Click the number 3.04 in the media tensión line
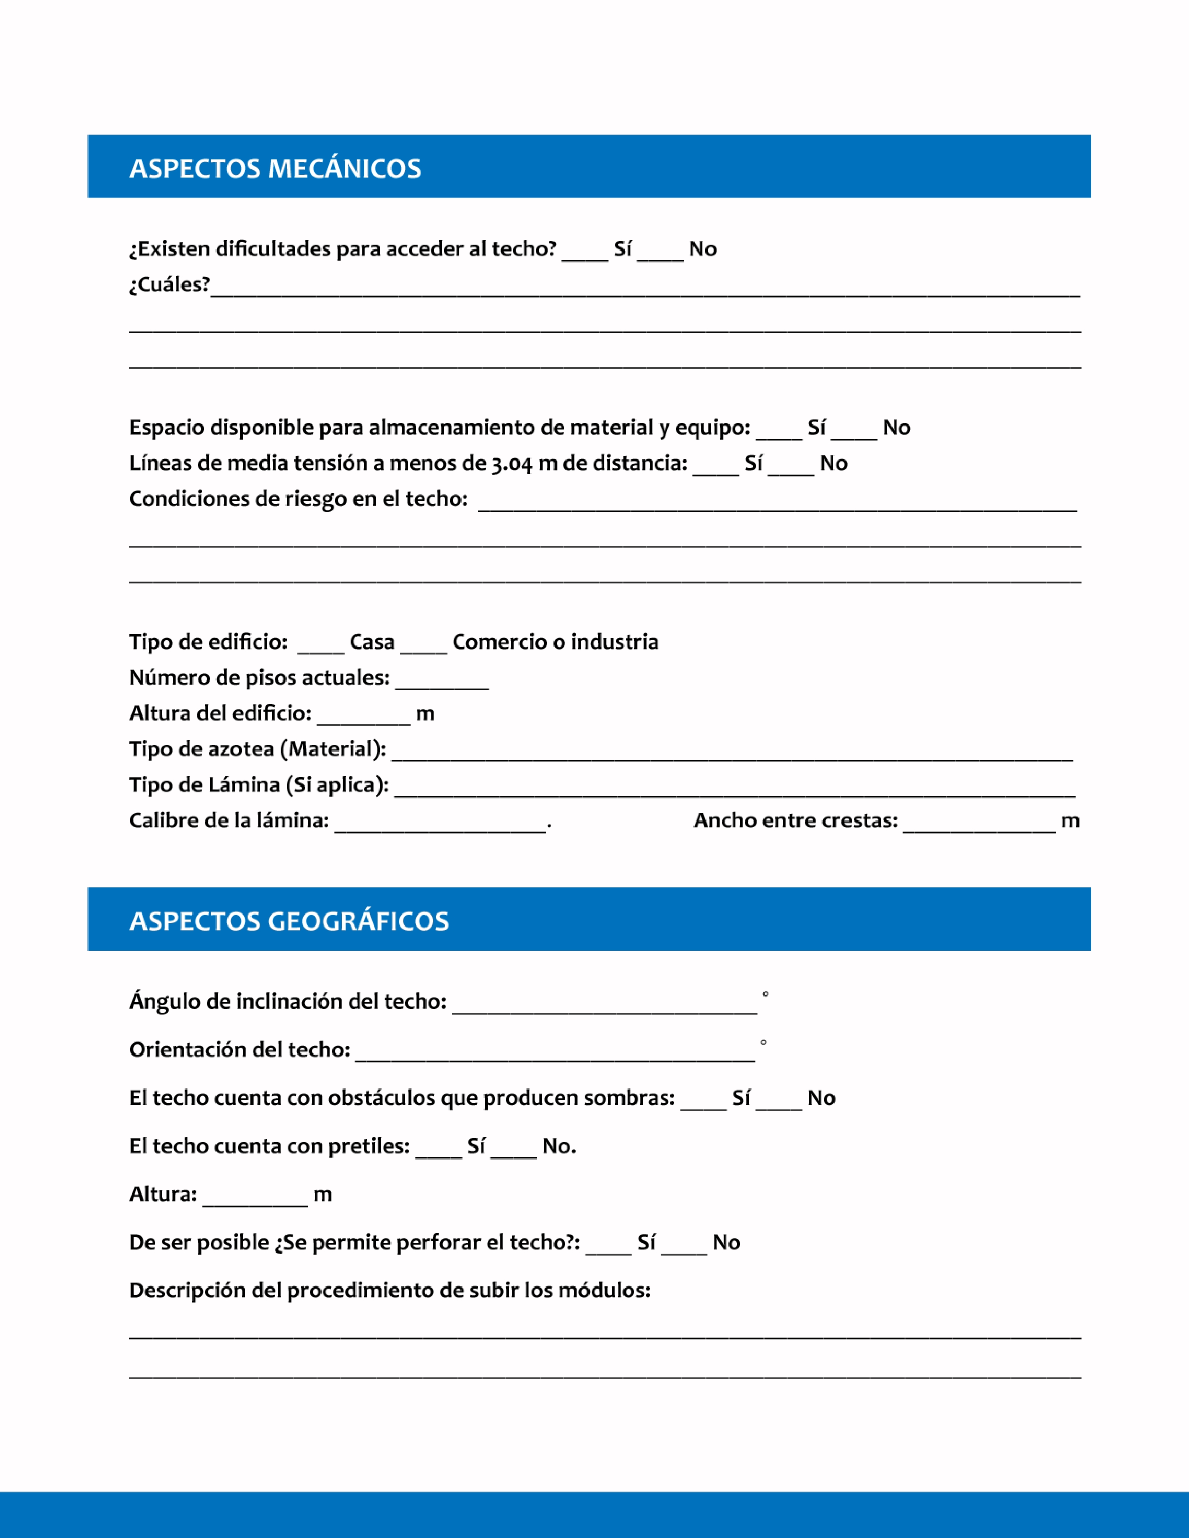512,464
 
